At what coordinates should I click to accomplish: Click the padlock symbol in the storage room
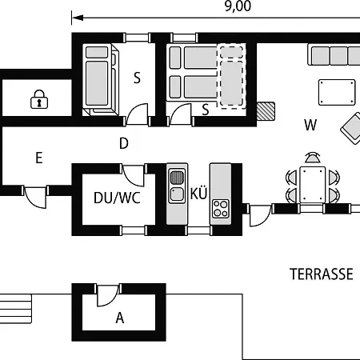[x=39, y=99]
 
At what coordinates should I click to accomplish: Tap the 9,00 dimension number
[x=238, y=6]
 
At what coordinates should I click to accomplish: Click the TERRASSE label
[x=322, y=274]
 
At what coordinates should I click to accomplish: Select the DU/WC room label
[x=117, y=198]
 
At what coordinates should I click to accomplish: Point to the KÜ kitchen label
[x=198, y=193]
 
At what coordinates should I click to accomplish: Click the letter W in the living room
[x=310, y=125]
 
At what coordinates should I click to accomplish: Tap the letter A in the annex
[x=120, y=318]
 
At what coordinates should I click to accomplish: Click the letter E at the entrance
[x=39, y=158]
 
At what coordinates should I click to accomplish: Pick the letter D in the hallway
[x=124, y=143]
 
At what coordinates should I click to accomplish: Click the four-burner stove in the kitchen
[x=221, y=209]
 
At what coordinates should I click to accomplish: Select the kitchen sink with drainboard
[x=177, y=186]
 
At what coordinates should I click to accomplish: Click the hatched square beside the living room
[x=266, y=111]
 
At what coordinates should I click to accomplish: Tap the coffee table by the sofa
[x=337, y=92]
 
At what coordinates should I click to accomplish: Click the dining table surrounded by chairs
[x=312, y=185]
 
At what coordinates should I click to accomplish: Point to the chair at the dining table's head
[x=312, y=158]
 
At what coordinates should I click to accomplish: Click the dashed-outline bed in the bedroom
[x=231, y=76]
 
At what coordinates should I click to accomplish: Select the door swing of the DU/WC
[x=134, y=175]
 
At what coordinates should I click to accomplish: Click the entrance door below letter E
[x=35, y=198]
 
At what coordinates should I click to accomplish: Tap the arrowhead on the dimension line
[x=78, y=18]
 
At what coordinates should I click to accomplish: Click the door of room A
[x=108, y=295]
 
